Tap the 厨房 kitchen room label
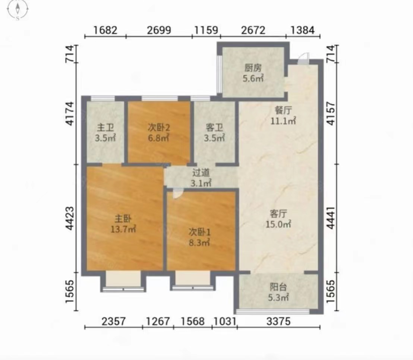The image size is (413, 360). [x=253, y=68]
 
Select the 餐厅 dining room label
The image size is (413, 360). [x=283, y=110]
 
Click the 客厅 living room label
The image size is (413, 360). [x=278, y=213]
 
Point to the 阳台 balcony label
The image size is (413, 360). [x=278, y=287]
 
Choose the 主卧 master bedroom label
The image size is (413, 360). [x=123, y=219]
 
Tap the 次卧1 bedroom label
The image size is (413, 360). [x=199, y=232]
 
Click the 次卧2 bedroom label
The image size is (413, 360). [x=158, y=128]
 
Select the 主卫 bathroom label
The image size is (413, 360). [x=105, y=128]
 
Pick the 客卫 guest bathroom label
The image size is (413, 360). [x=214, y=128]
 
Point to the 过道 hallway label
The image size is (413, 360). [x=201, y=173]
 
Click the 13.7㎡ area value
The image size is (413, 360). [x=123, y=229]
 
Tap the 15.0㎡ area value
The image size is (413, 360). [x=278, y=224]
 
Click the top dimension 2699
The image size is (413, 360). [x=159, y=30]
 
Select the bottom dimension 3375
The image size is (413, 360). [x=278, y=322]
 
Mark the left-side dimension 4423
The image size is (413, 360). [x=70, y=219]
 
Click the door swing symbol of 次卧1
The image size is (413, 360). [x=177, y=194]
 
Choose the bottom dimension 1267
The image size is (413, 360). [x=158, y=322]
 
